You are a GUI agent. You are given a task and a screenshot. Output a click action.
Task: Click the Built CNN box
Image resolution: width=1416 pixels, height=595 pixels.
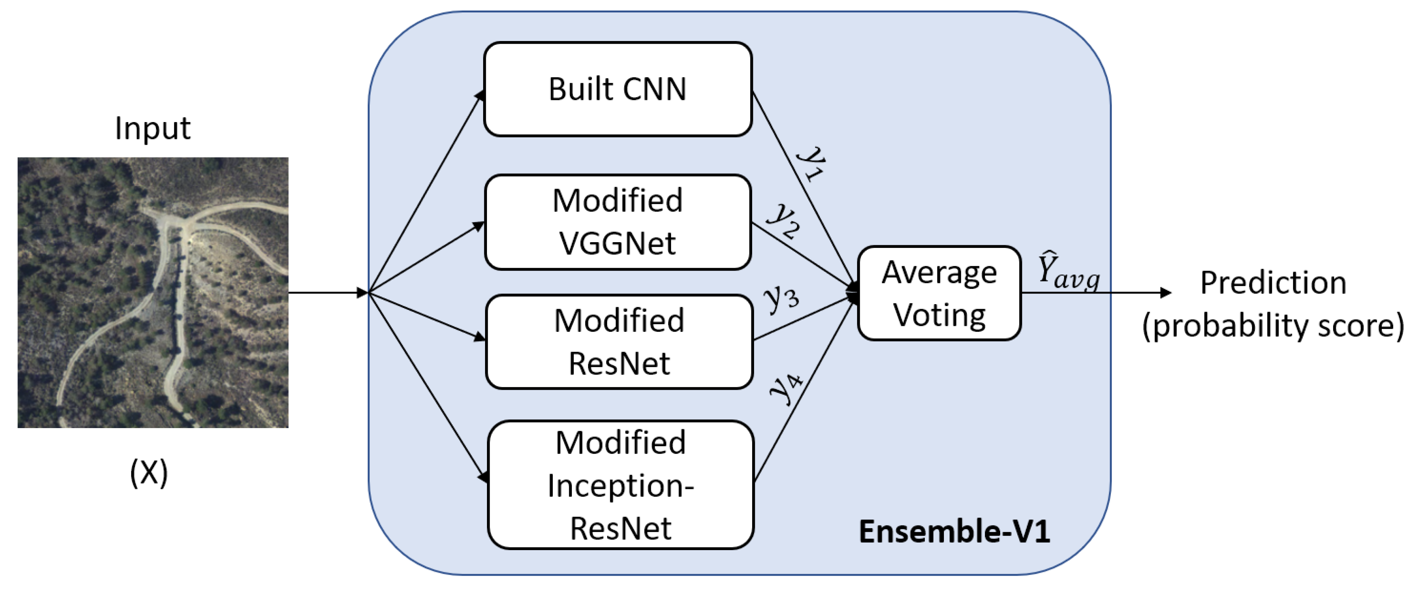click(617, 89)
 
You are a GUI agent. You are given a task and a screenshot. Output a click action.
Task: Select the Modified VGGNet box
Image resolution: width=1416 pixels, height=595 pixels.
click(617, 222)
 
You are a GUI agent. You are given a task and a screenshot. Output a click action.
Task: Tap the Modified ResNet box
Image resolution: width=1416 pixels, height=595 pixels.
click(619, 342)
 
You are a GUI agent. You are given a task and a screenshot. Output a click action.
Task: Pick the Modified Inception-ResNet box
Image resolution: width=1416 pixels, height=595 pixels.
click(620, 485)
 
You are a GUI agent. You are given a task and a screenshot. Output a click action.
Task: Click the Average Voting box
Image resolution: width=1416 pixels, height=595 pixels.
click(939, 294)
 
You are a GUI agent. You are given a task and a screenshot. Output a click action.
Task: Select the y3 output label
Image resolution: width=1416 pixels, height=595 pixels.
click(781, 298)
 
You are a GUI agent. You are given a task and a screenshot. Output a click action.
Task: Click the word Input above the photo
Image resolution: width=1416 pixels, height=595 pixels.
click(152, 129)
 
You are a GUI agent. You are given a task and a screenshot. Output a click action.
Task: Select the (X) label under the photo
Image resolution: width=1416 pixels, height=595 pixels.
click(148, 473)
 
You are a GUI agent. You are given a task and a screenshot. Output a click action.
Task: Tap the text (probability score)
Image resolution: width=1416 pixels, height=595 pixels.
click(1273, 326)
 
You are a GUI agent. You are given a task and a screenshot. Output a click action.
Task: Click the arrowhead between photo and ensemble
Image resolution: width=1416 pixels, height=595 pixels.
click(362, 293)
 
